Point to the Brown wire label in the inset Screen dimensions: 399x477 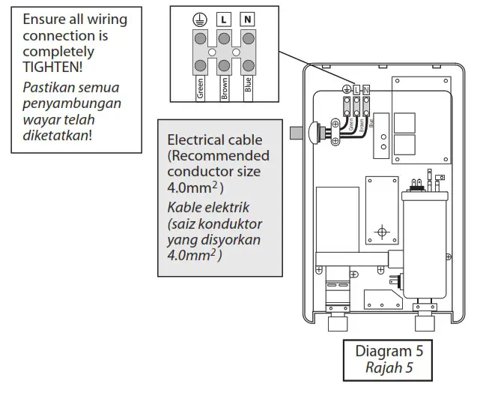point(223,89)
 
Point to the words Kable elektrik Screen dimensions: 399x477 point(205,207)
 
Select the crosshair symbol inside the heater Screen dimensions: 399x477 point(382,232)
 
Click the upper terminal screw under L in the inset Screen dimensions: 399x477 point(223,37)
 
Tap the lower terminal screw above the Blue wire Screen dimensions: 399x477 point(247,65)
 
